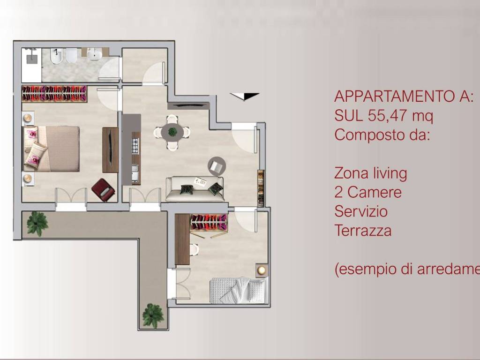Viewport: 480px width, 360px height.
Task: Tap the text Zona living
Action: [370, 173]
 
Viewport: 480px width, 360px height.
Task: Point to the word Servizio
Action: [361, 211]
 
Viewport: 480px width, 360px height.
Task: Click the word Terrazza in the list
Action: [363, 231]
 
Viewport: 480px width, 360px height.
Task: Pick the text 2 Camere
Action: [368, 192]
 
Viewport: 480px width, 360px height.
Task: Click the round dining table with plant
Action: [172, 132]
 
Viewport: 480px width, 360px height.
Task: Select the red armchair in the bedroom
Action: [103, 189]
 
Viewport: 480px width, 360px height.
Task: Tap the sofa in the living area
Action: [195, 189]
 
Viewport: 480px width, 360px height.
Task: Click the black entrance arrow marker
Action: [245, 96]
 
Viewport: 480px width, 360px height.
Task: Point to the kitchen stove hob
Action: [136, 145]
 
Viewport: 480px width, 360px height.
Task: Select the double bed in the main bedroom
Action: [52, 149]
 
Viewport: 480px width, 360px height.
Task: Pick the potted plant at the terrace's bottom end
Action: [153, 315]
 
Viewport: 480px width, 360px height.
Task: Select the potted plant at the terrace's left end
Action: [37, 223]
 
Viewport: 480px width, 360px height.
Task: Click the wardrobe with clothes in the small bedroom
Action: [208, 223]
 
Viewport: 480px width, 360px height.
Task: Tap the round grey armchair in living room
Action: [217, 165]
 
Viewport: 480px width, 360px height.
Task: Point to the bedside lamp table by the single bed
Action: [262, 270]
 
